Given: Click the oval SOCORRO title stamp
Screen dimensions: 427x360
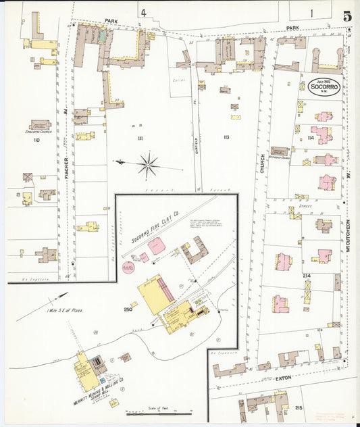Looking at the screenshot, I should pos(324,88).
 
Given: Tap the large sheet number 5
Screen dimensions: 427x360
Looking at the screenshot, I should pos(346,16).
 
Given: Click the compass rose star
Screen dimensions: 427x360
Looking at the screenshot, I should pos(147,163).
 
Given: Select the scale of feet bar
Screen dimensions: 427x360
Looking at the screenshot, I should pos(159,411).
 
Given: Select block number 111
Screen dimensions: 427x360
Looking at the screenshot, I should pos(140,138).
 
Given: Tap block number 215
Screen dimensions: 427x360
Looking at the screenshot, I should pos(300,408).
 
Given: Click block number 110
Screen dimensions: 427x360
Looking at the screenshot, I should pos(36,139).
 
